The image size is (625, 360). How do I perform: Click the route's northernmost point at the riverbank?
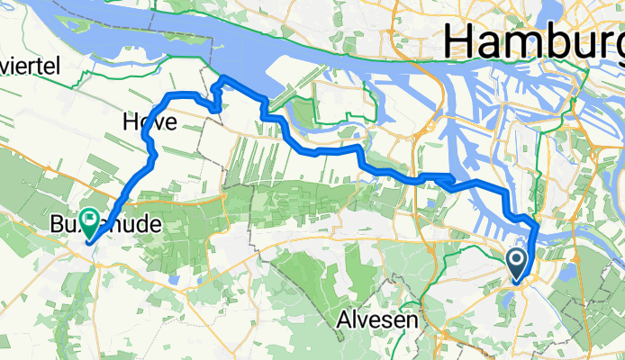click(222, 81)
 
